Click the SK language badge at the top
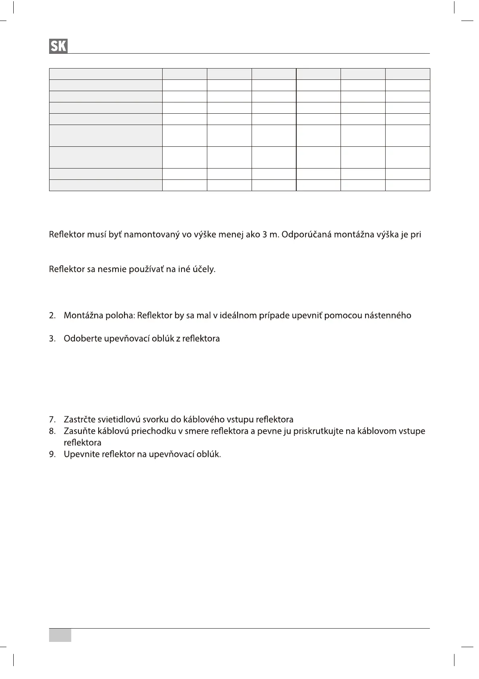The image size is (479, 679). click(x=58, y=46)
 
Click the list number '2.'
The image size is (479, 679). click(x=52, y=315)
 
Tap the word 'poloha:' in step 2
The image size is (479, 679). click(x=120, y=315)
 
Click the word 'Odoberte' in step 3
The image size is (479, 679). click(x=83, y=339)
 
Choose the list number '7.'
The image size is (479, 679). click(x=52, y=419)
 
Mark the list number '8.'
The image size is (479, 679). click(x=52, y=431)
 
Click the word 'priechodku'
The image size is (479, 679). click(x=154, y=431)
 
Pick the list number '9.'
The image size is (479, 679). click(x=52, y=454)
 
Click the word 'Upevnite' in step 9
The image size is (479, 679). click(x=81, y=454)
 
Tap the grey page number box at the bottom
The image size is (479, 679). click(x=60, y=635)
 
